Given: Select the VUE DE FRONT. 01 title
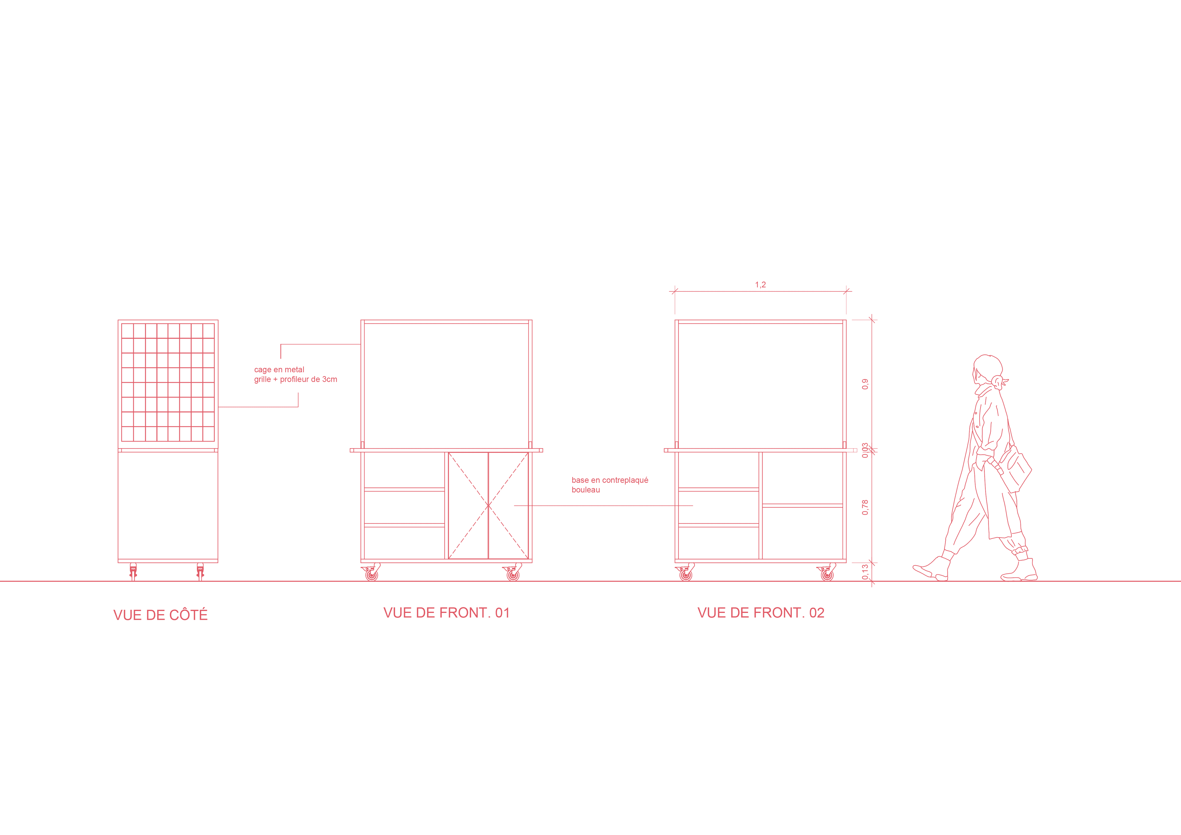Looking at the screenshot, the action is (x=446, y=613).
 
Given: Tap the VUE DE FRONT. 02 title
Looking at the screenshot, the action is (x=761, y=613).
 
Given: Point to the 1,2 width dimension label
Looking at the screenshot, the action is (x=760, y=284).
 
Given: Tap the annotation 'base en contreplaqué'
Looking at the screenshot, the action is (x=609, y=480).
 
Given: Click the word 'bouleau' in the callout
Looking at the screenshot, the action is (x=585, y=490).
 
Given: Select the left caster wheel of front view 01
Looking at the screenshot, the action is (x=371, y=574).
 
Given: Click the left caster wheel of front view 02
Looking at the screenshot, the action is (x=686, y=574).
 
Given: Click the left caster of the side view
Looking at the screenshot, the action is (x=133, y=571).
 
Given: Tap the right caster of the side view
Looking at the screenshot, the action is (x=200, y=571).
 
